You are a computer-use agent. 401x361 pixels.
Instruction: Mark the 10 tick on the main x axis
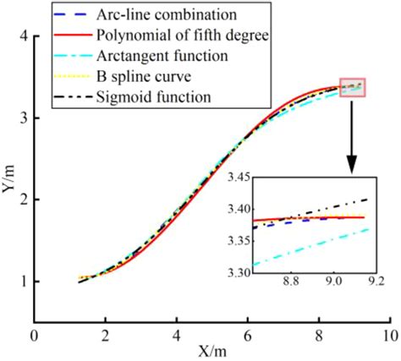click(x=387, y=334)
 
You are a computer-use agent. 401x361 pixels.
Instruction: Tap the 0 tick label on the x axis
click(x=34, y=334)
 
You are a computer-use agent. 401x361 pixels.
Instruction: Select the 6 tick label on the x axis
click(x=246, y=334)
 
